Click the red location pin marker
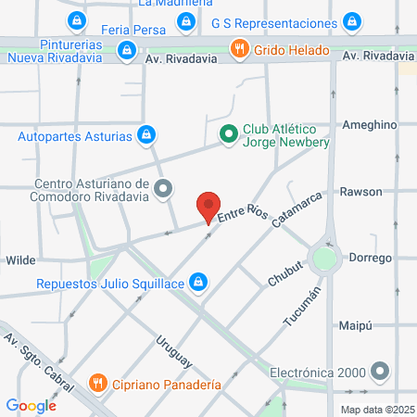point(209,207)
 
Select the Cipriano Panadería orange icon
point(97,383)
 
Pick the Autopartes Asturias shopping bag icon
point(145,136)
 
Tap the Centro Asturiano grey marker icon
point(164,190)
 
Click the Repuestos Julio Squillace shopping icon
point(197,281)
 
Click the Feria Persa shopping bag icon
point(187,20)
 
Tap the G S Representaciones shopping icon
point(351,21)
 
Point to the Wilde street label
point(21,261)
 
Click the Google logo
point(31,405)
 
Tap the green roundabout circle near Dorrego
point(324,259)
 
